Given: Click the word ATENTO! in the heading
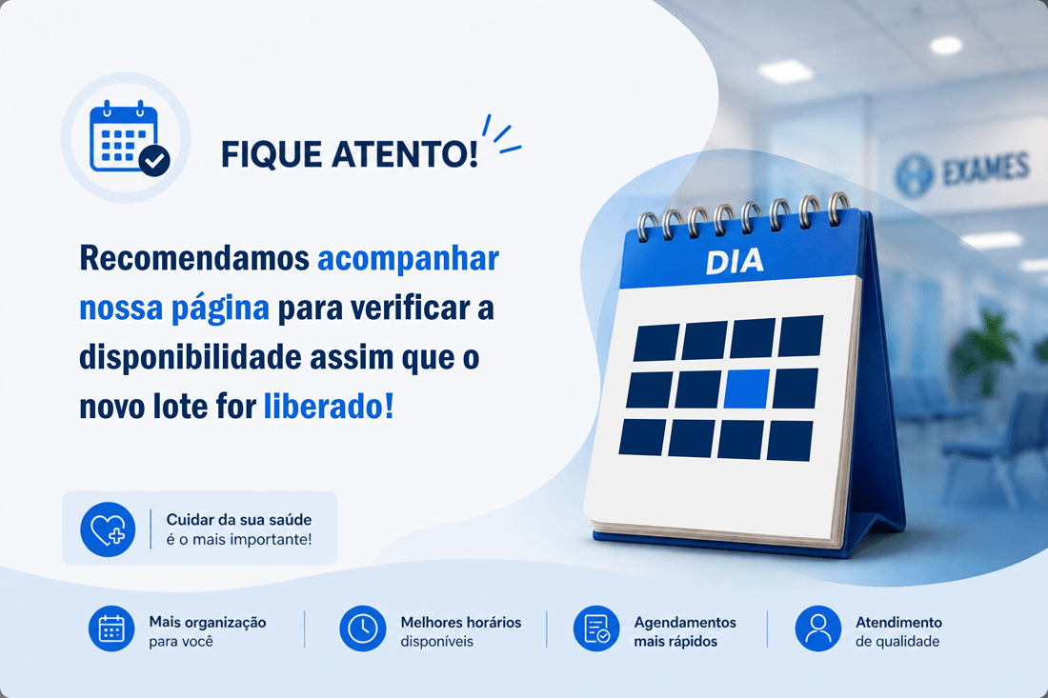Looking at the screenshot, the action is click(x=404, y=153).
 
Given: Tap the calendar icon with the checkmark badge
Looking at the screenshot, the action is click(x=129, y=137).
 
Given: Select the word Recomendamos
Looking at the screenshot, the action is click(x=194, y=258).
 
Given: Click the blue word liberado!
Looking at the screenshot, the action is click(x=329, y=406).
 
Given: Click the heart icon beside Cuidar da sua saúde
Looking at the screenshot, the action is click(x=108, y=529).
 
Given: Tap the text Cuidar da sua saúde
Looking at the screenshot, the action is click(x=238, y=520).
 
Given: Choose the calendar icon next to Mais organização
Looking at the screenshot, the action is click(x=111, y=628).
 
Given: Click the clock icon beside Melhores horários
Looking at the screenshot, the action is click(x=363, y=628).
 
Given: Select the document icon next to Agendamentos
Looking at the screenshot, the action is click(x=596, y=628).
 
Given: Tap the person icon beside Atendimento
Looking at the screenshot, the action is click(x=818, y=628).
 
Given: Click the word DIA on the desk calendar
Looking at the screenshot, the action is click(x=735, y=262).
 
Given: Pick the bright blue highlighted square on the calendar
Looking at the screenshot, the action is click(x=747, y=389).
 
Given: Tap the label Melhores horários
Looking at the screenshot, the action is click(x=460, y=623).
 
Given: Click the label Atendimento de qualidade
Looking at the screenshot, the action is click(x=898, y=632).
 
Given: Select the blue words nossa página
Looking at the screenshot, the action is click(x=173, y=309).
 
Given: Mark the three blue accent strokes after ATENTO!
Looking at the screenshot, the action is click(x=501, y=135).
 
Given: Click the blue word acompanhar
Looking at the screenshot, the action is click(x=408, y=259).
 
